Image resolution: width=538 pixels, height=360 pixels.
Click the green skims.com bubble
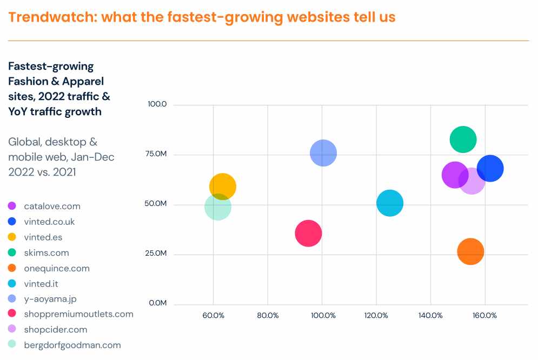point(463,139)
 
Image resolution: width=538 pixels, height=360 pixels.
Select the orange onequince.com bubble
point(470,252)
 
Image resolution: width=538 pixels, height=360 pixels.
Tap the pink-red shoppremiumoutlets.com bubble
point(308,234)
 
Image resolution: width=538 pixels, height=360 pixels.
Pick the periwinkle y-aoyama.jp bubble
point(323,153)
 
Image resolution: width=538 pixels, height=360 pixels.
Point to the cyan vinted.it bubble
point(390,203)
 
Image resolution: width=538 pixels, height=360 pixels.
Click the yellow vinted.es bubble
point(223,186)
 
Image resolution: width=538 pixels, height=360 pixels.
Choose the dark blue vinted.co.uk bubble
point(490,168)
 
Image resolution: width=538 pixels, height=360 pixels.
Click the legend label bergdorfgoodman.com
point(72,345)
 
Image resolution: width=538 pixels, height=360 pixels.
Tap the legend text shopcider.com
point(56,330)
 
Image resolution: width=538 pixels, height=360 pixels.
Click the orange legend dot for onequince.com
point(12,268)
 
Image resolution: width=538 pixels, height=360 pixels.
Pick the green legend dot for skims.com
point(12,252)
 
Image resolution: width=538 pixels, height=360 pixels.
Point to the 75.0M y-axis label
point(156,154)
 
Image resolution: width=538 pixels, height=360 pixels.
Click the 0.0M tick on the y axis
point(158,303)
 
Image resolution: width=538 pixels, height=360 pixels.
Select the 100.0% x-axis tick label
point(323,316)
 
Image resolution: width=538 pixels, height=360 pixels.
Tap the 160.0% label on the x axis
point(484,316)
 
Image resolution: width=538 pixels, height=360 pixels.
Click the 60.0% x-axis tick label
point(213,316)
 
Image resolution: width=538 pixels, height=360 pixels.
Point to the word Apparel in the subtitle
point(83,81)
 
